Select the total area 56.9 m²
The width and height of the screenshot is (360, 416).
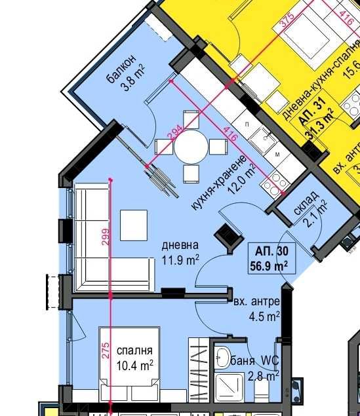(271, 265)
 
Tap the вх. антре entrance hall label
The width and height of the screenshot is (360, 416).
(256, 302)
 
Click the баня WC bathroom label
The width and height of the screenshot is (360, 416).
(255, 361)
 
